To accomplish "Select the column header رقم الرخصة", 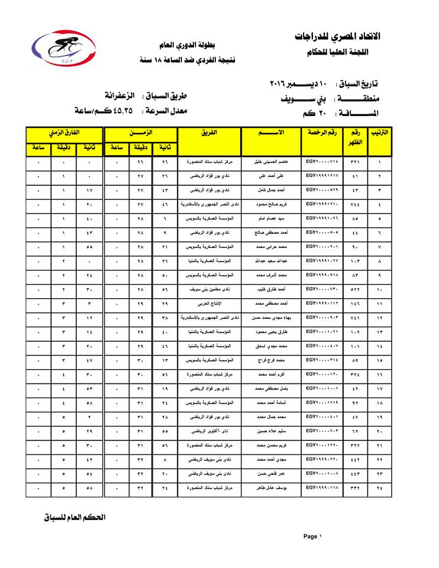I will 322,133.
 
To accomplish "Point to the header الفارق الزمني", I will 64,133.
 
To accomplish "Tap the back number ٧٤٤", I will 354,204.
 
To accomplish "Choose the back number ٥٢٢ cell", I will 354,289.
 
